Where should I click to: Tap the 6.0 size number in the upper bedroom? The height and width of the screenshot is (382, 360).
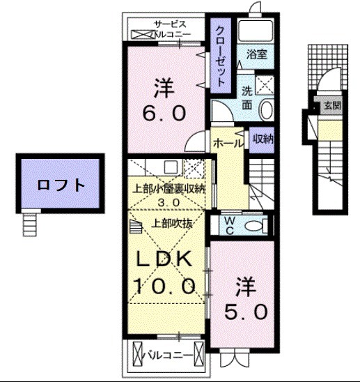tap(164, 112)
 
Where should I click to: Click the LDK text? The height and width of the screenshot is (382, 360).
tap(164, 260)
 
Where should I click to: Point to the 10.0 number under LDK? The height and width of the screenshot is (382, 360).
tap(164, 285)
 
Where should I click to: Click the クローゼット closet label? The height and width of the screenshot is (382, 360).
tap(220, 56)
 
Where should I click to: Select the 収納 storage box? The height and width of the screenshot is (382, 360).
tap(263, 139)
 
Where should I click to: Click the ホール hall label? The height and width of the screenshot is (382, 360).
tap(228, 142)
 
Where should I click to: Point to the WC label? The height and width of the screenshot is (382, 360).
tap(230, 225)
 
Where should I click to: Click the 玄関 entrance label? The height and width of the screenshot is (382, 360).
tap(331, 106)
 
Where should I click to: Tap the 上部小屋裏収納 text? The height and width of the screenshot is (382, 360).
tap(170, 188)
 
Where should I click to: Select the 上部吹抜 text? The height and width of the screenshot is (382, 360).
tap(169, 224)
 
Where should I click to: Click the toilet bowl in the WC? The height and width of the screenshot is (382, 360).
tap(256, 224)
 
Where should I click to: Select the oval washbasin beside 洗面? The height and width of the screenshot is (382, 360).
tap(265, 109)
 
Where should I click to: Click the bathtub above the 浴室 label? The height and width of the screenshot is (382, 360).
tap(256, 31)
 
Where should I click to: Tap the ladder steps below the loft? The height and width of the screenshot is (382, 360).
tap(29, 223)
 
